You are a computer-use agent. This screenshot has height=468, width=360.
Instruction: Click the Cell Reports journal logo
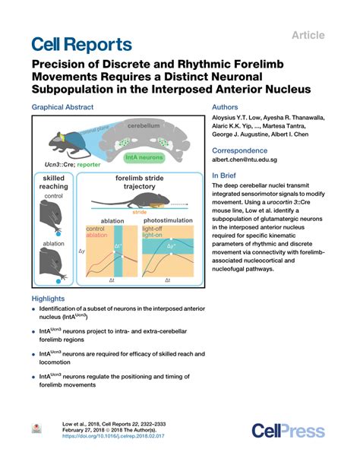pos(81,43)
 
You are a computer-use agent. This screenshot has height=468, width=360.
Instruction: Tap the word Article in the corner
pos(309,35)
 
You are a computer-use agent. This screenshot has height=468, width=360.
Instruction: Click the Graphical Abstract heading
pos(67,108)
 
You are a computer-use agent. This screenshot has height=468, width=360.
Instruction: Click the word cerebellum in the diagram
pos(144,125)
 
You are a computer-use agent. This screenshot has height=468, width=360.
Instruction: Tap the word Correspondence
pos(238,150)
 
